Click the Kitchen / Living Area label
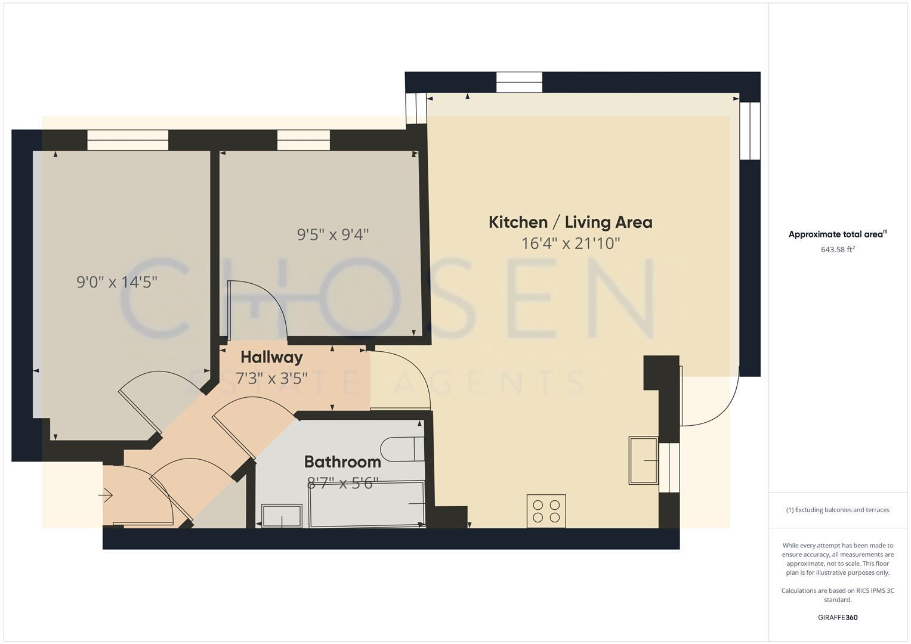point(570,222)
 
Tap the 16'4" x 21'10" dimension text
point(570,243)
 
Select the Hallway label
point(271,357)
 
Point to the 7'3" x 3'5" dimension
point(271,378)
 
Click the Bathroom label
point(342,462)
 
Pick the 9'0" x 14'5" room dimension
point(117,281)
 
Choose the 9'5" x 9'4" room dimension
point(333,234)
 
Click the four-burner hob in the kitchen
point(546,511)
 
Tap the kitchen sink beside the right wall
point(644,460)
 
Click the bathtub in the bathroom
point(367,504)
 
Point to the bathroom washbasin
point(282,516)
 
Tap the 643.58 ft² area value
point(838,250)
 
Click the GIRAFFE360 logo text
point(838,618)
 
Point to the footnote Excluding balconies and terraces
point(838,510)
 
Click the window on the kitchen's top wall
point(519,82)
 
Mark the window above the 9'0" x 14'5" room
point(128,140)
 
